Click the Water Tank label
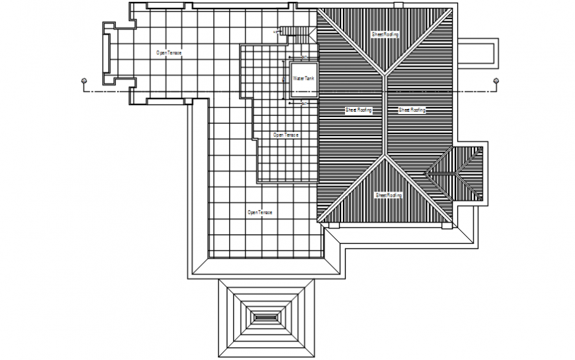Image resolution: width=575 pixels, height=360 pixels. (304, 79)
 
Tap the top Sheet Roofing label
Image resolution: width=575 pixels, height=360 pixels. (385, 34)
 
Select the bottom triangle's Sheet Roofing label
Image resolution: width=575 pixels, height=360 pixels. (389, 195)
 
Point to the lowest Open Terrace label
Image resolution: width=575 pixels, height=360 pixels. (260, 212)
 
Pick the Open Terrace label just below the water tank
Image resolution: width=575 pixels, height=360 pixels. (286, 135)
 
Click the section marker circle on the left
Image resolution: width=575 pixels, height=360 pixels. (83, 81)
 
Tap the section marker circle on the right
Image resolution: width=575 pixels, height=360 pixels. (496, 81)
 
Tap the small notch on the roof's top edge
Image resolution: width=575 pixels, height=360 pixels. (399, 5)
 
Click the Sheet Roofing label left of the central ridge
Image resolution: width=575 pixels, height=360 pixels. (359, 110)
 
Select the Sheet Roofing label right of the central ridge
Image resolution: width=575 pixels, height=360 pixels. (412, 110)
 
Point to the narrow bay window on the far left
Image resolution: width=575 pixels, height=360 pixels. (105, 52)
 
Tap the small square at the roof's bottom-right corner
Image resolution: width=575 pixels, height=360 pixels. (446, 226)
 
